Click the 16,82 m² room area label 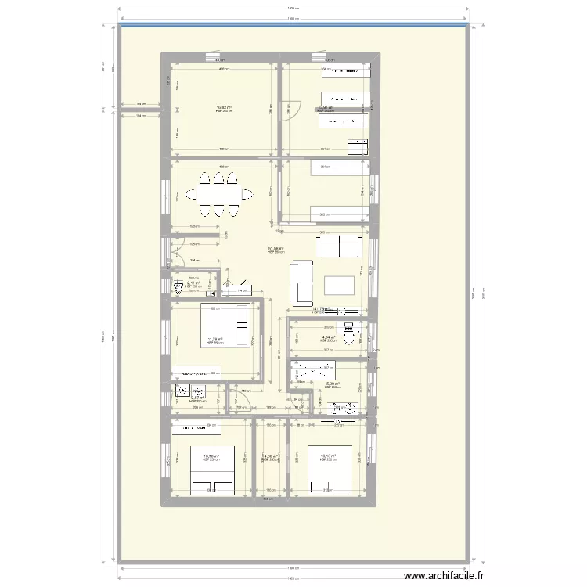click(224, 109)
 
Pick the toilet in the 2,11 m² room click(178, 286)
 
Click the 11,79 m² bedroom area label click(214, 340)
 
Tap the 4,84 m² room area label click(328, 338)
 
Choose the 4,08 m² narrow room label click(270, 457)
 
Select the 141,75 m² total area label click(321, 310)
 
